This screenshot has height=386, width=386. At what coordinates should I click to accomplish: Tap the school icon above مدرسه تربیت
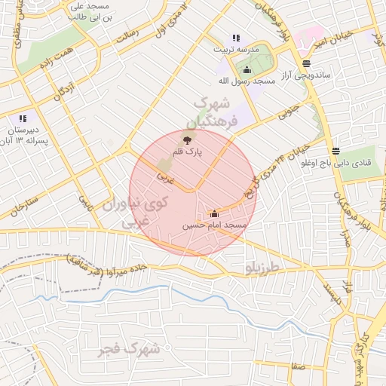(236, 38)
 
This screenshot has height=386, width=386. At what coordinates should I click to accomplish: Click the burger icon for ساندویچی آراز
(305, 63)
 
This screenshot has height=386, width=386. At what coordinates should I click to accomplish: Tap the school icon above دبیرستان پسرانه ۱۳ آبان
(23, 118)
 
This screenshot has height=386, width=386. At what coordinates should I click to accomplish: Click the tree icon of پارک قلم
(187, 139)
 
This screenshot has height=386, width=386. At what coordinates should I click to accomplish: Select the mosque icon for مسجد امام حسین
(214, 213)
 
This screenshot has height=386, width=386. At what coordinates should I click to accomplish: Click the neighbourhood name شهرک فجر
(130, 348)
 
